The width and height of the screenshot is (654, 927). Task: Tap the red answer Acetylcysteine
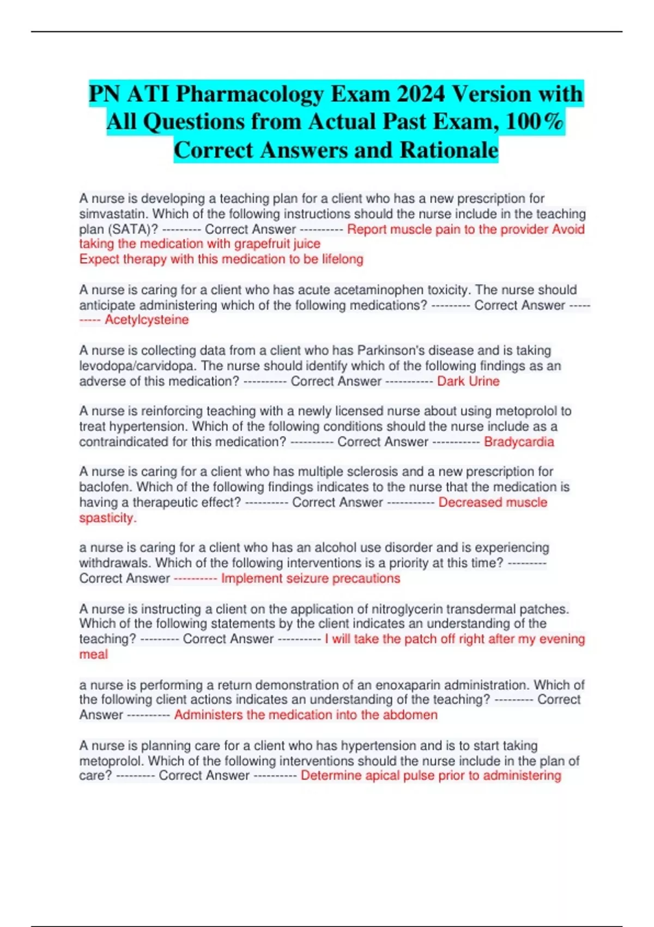(147, 320)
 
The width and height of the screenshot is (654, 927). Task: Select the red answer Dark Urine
(468, 381)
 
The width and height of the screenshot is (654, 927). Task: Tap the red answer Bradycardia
(519, 442)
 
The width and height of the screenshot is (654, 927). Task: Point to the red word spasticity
(107, 517)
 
